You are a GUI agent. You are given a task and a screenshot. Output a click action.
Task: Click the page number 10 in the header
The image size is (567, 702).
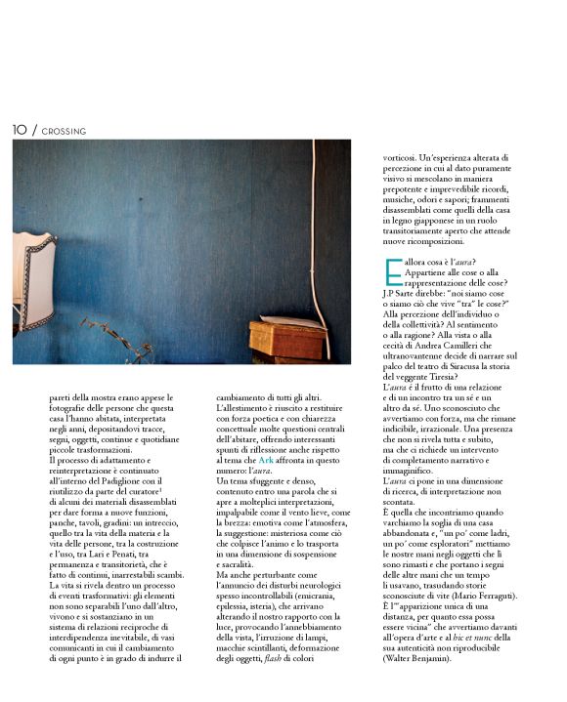[x=20, y=129]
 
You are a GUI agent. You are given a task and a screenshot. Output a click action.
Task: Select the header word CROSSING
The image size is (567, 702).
[x=65, y=130]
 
